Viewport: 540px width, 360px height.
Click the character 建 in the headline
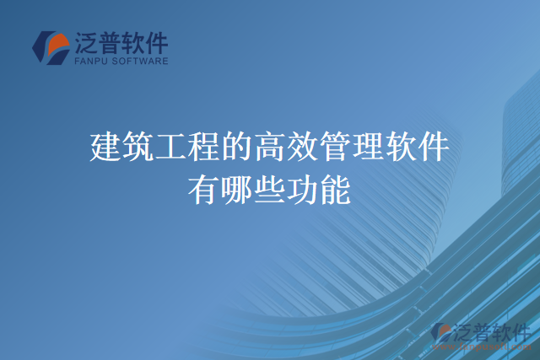tap(105, 149)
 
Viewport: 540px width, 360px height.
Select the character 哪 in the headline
tap(237, 190)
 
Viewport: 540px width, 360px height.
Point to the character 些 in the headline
tap(270, 190)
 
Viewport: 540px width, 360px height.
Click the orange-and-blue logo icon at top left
tap(51, 48)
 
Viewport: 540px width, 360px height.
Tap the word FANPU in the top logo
tap(90, 61)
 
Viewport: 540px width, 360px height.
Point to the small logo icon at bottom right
tap(442, 333)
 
